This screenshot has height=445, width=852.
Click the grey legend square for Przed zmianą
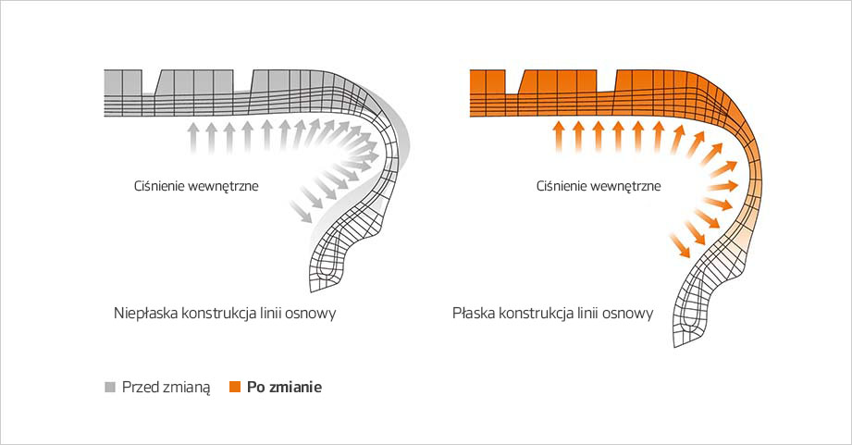pos(110,387)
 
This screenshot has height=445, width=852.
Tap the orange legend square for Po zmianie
pos(235,387)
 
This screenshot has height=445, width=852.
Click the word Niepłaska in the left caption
pos(145,314)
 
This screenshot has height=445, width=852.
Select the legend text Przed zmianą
pos(166,388)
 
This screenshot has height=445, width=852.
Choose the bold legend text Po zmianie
pos(284,387)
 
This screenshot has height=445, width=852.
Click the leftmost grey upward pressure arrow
pos(193,139)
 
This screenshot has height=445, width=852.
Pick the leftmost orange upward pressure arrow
pos(558,137)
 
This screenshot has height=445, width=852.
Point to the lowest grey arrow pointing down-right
pos(301,212)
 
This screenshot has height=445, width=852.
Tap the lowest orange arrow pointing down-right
pos(680,245)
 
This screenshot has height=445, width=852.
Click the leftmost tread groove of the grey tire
pos(149,81)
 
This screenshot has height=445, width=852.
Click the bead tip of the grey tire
pos(312,290)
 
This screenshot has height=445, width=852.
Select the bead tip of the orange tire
pos(676,345)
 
